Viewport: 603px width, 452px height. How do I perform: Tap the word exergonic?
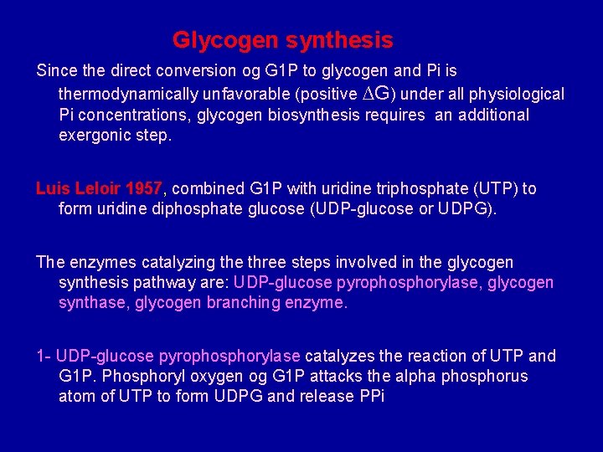(95, 135)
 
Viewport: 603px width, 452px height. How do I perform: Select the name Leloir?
(97, 188)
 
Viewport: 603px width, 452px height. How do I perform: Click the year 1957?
(146, 188)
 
